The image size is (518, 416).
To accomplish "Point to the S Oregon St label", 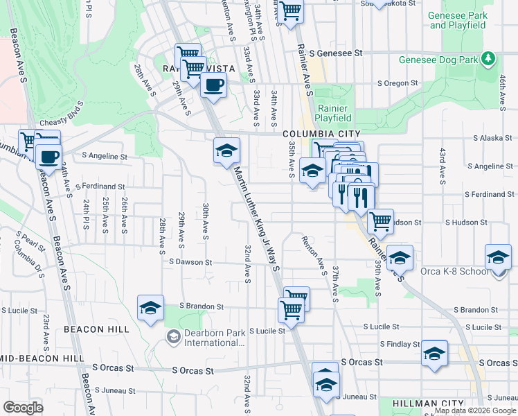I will (397, 83).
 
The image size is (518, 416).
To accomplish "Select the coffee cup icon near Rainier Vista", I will (213, 85).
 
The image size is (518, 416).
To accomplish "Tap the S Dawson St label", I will (190, 262).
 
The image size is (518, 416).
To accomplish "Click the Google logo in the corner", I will (23, 408).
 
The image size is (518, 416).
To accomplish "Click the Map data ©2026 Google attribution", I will (476, 410).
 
